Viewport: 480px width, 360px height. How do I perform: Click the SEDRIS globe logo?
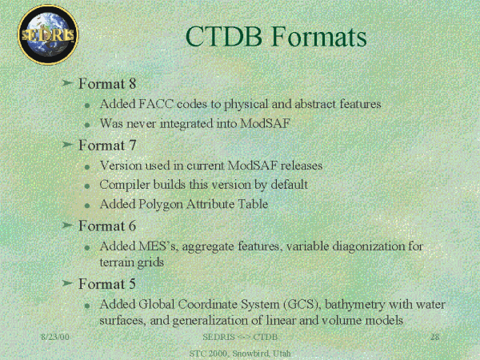click(48, 34)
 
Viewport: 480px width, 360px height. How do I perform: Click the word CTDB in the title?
click(224, 37)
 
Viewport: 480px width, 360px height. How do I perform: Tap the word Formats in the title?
click(319, 37)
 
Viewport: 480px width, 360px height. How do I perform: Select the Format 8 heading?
click(107, 83)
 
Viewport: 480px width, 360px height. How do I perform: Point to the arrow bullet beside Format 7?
click(67, 145)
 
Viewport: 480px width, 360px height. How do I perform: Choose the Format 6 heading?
click(107, 226)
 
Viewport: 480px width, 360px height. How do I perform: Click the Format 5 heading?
click(107, 284)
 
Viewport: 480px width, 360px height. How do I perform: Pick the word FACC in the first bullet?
click(156, 104)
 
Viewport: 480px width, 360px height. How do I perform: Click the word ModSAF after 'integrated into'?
click(265, 124)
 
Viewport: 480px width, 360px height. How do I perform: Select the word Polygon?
click(161, 205)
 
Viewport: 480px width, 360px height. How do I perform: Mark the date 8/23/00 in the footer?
click(55, 337)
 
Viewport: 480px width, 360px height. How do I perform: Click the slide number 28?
click(435, 337)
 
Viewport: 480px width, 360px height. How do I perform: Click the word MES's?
click(158, 246)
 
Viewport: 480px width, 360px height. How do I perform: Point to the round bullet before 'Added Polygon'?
click(87, 206)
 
